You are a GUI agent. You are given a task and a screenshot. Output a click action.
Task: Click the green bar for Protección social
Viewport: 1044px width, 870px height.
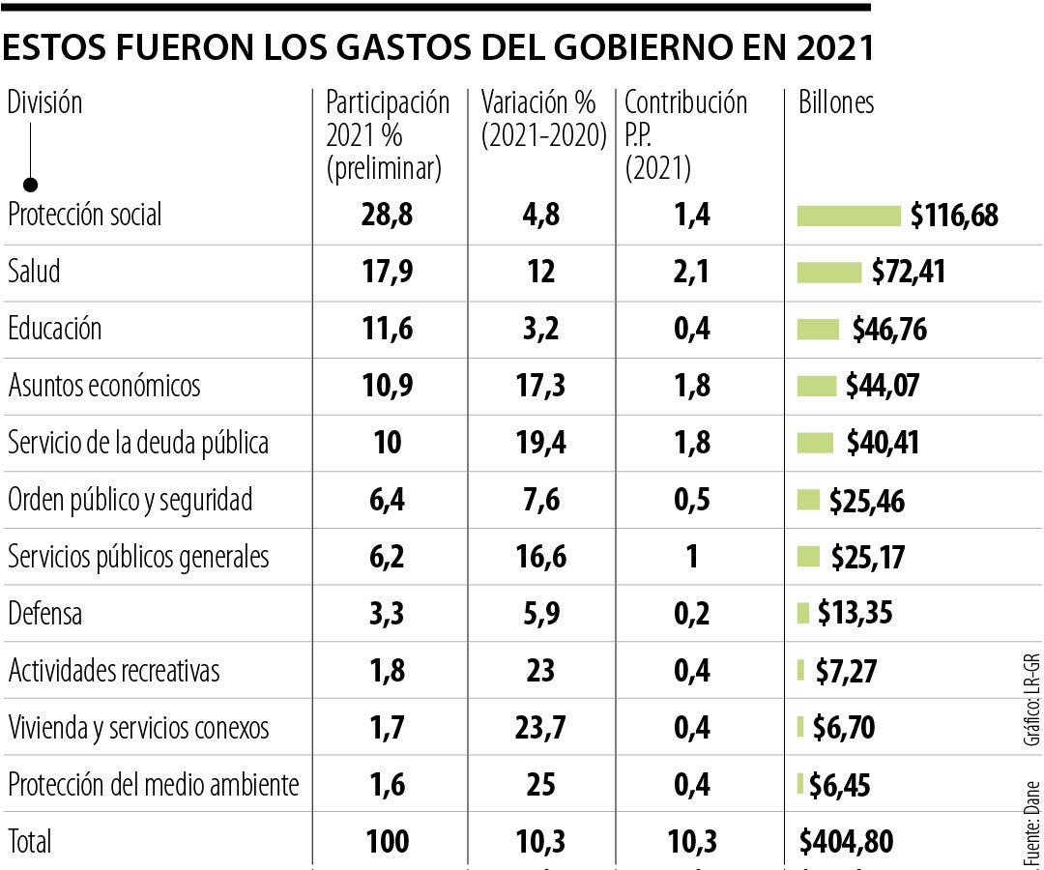(x=848, y=216)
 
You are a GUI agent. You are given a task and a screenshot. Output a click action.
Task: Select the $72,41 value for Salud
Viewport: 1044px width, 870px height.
(x=908, y=272)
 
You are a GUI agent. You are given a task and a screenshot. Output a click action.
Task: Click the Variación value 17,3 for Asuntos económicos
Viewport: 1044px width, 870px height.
(x=541, y=386)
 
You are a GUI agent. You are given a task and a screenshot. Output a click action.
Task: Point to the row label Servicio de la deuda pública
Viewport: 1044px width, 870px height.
(x=138, y=443)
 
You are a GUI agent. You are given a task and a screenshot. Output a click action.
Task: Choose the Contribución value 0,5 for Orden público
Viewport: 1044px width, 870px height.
(x=691, y=500)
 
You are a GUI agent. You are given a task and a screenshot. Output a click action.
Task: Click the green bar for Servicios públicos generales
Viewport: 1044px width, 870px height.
(x=808, y=557)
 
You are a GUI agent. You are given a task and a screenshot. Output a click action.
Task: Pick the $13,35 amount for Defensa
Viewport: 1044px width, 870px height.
(x=855, y=613)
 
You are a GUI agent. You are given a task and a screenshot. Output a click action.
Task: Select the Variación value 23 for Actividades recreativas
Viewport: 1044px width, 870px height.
(x=541, y=670)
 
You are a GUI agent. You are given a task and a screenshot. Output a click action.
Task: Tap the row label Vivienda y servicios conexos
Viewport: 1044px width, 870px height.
(x=138, y=727)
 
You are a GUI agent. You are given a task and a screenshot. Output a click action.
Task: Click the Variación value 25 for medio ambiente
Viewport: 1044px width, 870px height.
(x=541, y=784)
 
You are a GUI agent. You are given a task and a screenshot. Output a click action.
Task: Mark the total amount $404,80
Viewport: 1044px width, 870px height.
(x=846, y=841)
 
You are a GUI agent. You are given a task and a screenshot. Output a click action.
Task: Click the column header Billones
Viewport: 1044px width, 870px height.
(x=836, y=103)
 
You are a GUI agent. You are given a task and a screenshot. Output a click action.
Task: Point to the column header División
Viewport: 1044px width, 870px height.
(x=44, y=102)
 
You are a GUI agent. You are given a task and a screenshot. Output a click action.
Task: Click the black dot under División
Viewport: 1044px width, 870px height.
(x=31, y=184)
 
